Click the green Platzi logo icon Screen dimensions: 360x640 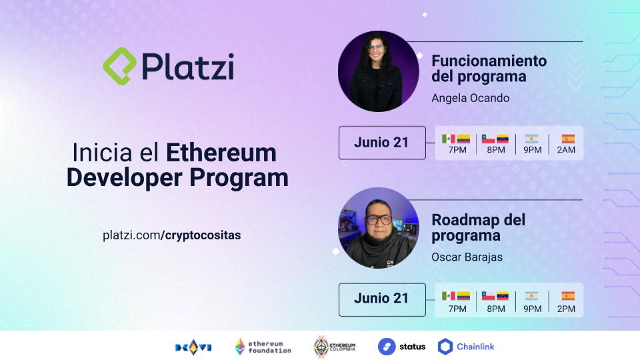(x=120, y=65)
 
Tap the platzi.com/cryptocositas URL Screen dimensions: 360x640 (x=172, y=235)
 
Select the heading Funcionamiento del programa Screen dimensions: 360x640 (x=489, y=69)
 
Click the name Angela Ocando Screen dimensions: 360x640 (x=470, y=98)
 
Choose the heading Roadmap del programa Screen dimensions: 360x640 (x=478, y=227)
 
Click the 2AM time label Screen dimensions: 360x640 (x=567, y=150)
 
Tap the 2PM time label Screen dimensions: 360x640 (x=567, y=309)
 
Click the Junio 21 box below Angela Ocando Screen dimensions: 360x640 (x=381, y=143)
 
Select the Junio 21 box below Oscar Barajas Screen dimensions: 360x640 (x=381, y=299)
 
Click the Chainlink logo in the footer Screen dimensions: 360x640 (x=466, y=347)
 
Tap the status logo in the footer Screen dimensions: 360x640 (x=401, y=347)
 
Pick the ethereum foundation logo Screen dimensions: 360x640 (x=263, y=347)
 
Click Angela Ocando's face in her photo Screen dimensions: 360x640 (x=375, y=53)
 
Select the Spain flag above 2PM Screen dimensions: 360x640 (x=567, y=295)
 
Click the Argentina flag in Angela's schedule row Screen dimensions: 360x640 (x=531, y=139)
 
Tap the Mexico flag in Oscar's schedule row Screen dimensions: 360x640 (x=449, y=295)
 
